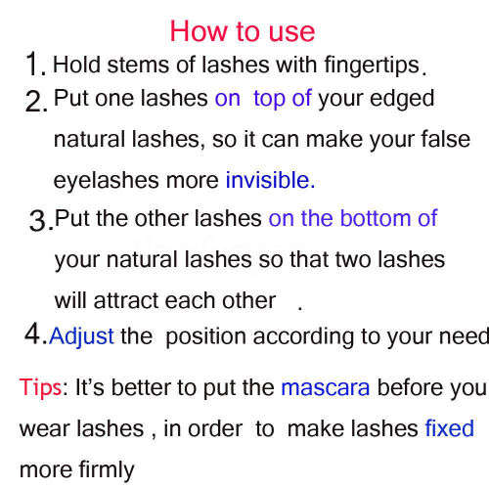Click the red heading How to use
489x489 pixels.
pos(243,30)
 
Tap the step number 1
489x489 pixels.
pos(34,66)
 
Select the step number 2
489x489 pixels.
pos(35,101)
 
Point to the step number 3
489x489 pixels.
pos(40,221)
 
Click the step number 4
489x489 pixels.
pos(34,334)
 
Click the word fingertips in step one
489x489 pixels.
pos(376,67)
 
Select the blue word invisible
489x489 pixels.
pos(269,180)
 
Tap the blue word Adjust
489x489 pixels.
pos(81,336)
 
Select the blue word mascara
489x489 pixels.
pos(325,387)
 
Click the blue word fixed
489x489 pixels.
pos(449,428)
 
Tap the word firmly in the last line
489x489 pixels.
pos(105,470)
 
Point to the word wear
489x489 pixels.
pos(44,429)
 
